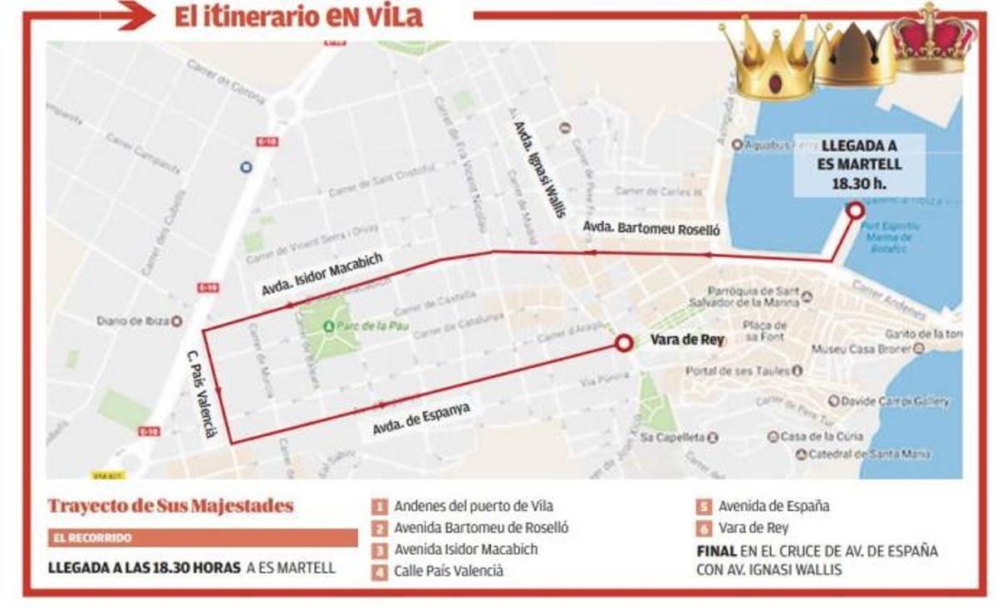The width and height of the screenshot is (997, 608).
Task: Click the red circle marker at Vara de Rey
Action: pyautogui.click(x=624, y=343)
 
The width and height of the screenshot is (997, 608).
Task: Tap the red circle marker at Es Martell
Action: pyautogui.click(x=855, y=211)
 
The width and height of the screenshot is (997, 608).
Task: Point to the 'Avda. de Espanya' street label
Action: pyautogui.click(x=416, y=419)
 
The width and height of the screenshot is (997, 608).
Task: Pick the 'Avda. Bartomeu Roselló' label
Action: pyautogui.click(x=651, y=229)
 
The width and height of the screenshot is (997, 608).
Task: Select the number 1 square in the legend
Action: pyautogui.click(x=380, y=506)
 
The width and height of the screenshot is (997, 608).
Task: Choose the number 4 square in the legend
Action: pyautogui.click(x=380, y=571)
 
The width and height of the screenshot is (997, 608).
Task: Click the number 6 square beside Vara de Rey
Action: pyautogui.click(x=704, y=528)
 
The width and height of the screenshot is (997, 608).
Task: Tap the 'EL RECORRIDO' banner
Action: pyautogui.click(x=203, y=538)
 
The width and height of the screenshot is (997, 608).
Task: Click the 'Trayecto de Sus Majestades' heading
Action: pyautogui.click(x=170, y=506)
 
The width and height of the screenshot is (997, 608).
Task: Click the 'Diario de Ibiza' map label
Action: pyautogui.click(x=133, y=321)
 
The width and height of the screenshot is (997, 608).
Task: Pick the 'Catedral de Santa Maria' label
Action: pyautogui.click(x=869, y=454)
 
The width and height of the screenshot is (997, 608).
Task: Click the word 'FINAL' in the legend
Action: pyautogui.click(x=716, y=551)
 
